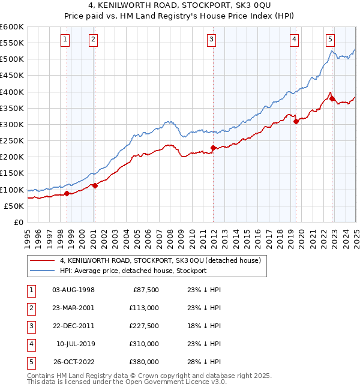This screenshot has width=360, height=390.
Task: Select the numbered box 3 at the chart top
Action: pyautogui.click(x=212, y=40)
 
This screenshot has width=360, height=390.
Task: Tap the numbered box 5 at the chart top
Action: pyautogui.click(x=331, y=40)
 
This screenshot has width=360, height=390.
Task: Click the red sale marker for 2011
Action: pyautogui.click(x=214, y=148)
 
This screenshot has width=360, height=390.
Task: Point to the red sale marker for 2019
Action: pyautogui.click(x=296, y=121)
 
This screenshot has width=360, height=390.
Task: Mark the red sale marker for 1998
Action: pyautogui.click(x=67, y=193)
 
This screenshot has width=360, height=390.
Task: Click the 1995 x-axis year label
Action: pyautogui.click(x=28, y=234)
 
